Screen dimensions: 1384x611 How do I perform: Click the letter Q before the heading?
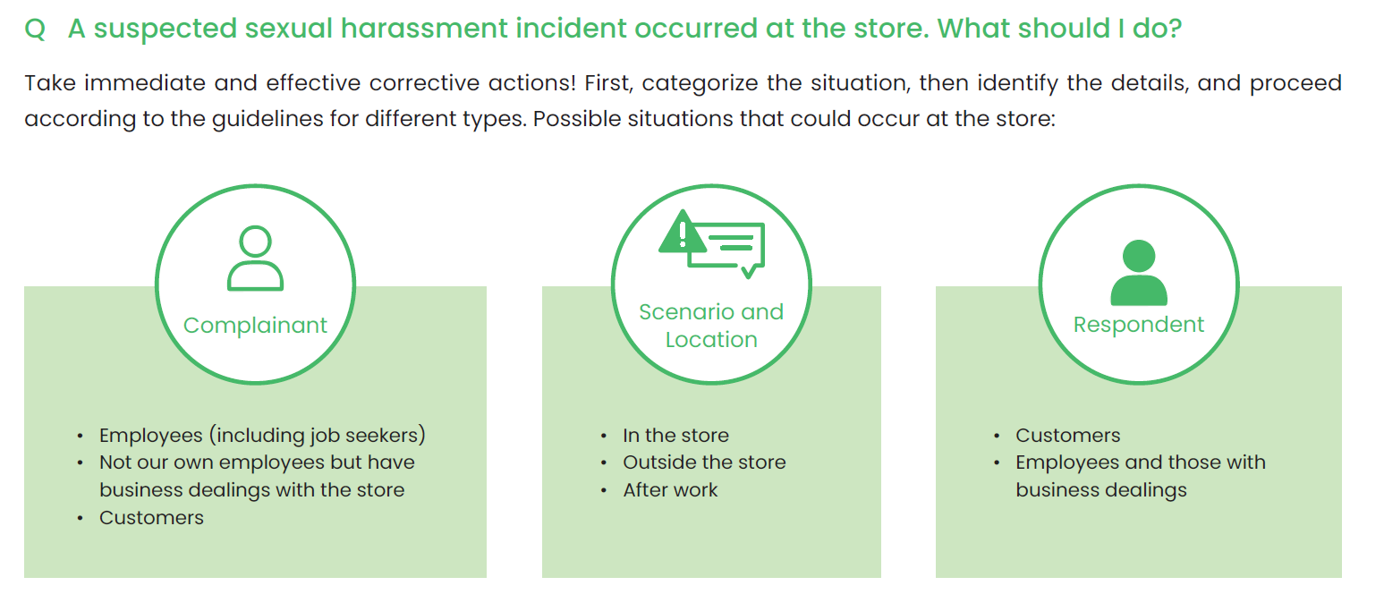coord(35,30)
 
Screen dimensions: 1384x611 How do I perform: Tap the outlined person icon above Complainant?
coord(255,259)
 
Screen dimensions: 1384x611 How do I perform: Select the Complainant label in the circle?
coord(255,325)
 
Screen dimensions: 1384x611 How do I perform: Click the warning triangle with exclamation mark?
coord(682,233)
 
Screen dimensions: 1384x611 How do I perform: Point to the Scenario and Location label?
coord(711,326)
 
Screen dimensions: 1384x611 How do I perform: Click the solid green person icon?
coord(1139,273)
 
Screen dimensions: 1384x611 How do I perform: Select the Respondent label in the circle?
coord(1139,325)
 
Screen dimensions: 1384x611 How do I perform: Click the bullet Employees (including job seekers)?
coord(262,435)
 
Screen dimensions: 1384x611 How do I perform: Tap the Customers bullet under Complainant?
coord(151,517)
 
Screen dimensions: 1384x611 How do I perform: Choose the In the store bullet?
coord(676,435)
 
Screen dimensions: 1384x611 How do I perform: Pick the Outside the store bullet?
coord(704,462)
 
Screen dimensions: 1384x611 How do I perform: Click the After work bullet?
coord(670,490)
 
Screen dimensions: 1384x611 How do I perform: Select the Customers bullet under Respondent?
coord(1067,435)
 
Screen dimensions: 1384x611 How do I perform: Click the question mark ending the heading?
coord(1174,29)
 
